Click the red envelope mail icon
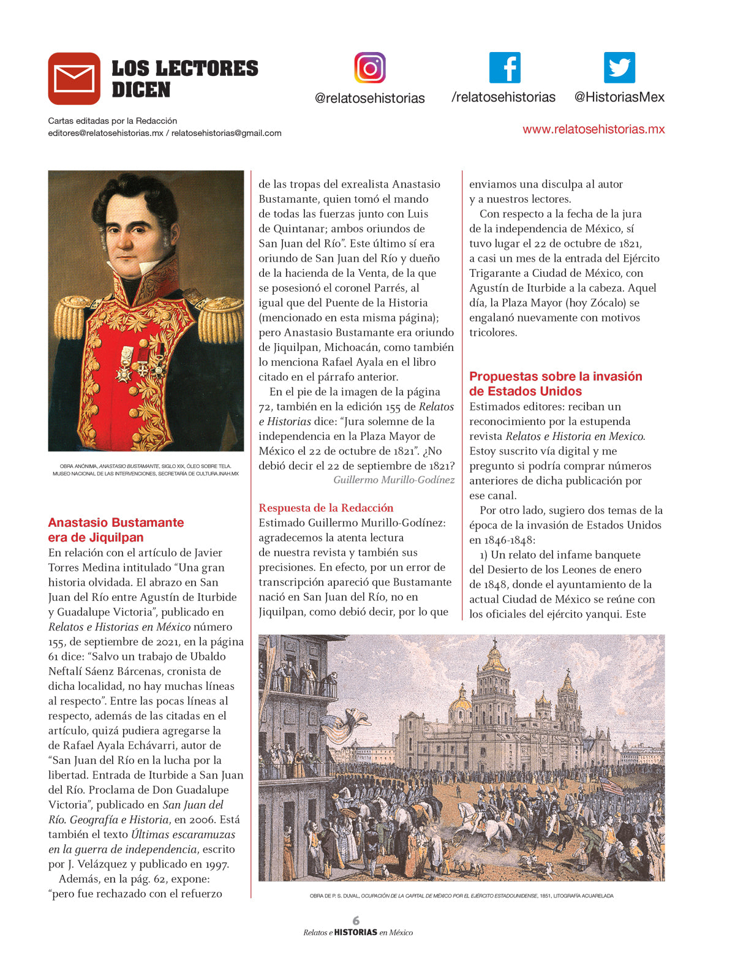click(x=74, y=78)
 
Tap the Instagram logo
click(x=369, y=67)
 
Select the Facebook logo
click(x=504, y=67)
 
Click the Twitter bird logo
click(x=619, y=67)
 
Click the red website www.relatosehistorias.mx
click(x=593, y=129)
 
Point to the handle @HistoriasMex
click(x=619, y=97)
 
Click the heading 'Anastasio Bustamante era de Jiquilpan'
click(x=116, y=530)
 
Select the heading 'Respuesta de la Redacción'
click(x=326, y=508)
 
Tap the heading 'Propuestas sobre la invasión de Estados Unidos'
click(x=555, y=383)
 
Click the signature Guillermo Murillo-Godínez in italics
click(x=394, y=480)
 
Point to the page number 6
click(x=356, y=920)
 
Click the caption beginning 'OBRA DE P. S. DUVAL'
click(x=461, y=896)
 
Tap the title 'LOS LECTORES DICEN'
click(x=184, y=78)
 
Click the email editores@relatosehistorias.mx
click(x=105, y=133)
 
